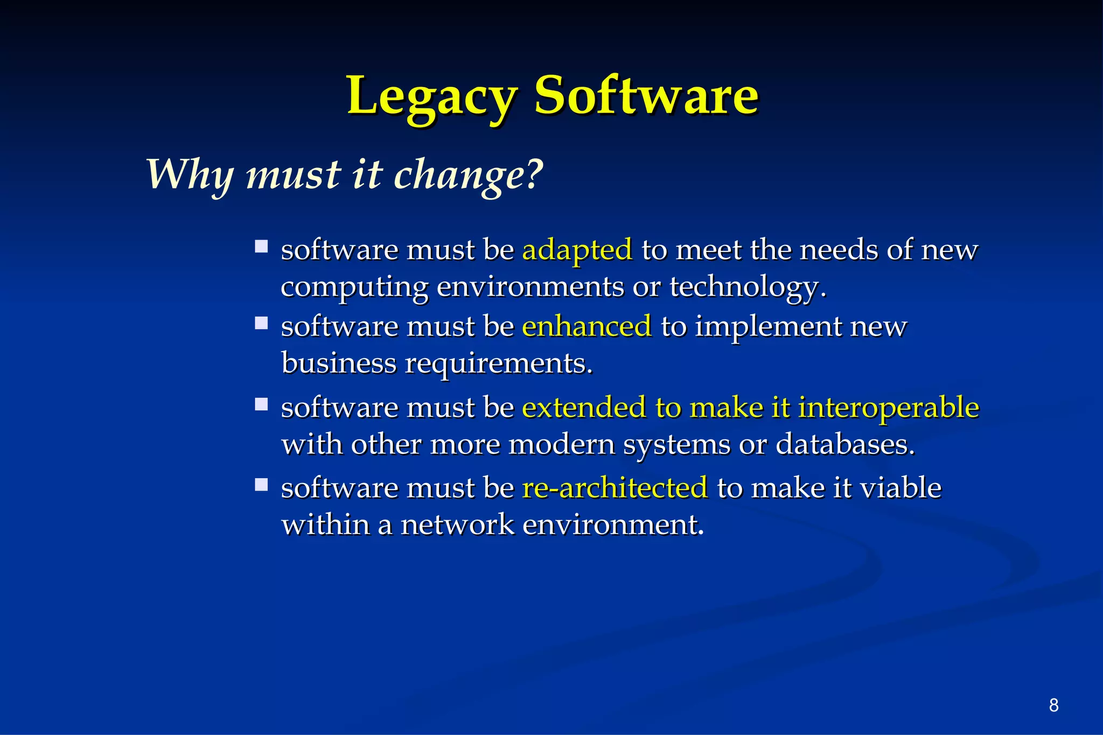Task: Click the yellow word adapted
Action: coord(577,250)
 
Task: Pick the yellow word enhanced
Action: coord(587,327)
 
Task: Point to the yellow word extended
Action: coord(584,408)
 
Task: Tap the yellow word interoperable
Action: coord(888,408)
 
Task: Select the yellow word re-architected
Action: coord(615,488)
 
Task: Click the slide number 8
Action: coord(1053,705)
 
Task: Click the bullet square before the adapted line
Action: coord(262,247)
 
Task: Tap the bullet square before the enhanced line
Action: coord(262,323)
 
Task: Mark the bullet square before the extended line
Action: coord(262,404)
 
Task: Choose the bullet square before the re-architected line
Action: coord(262,485)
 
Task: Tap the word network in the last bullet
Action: coord(458,524)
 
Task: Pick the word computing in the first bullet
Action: coord(354,288)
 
